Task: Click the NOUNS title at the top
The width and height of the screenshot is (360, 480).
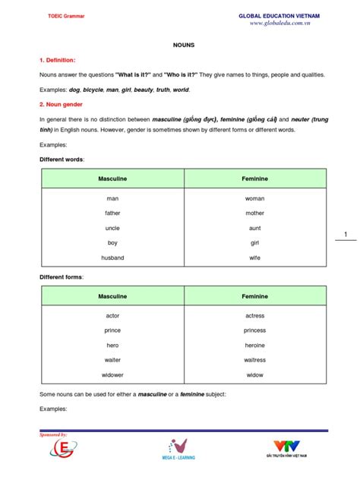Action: point(184,45)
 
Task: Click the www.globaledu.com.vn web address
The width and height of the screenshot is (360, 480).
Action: point(279,24)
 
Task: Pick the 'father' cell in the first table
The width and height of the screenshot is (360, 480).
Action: point(112,213)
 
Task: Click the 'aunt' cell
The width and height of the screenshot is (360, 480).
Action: point(254,228)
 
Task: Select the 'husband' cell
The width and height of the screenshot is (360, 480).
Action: point(112,257)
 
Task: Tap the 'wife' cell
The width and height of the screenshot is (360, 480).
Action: point(254,257)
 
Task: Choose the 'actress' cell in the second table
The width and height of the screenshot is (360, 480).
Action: point(254,315)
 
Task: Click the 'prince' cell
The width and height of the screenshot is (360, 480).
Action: point(112,330)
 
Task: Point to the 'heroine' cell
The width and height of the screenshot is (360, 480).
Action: point(254,345)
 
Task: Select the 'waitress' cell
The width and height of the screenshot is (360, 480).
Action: point(254,360)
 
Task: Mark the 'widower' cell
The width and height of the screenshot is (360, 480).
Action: point(112,374)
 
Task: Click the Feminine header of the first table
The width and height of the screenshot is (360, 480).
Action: point(254,178)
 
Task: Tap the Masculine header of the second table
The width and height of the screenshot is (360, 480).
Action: point(112,295)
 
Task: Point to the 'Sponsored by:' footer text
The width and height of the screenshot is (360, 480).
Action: point(53,434)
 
